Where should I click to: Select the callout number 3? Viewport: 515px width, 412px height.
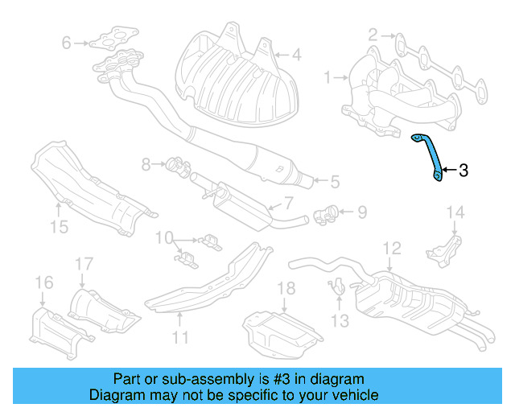[x=463, y=170]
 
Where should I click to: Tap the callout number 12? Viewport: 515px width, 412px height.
[x=391, y=249]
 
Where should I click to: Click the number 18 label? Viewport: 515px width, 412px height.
[x=286, y=289]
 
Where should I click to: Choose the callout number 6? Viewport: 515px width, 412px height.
[x=67, y=43]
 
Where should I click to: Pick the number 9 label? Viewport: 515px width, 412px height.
[x=361, y=212]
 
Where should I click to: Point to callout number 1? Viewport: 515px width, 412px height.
[x=327, y=77]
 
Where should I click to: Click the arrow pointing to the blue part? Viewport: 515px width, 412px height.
[x=448, y=170]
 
